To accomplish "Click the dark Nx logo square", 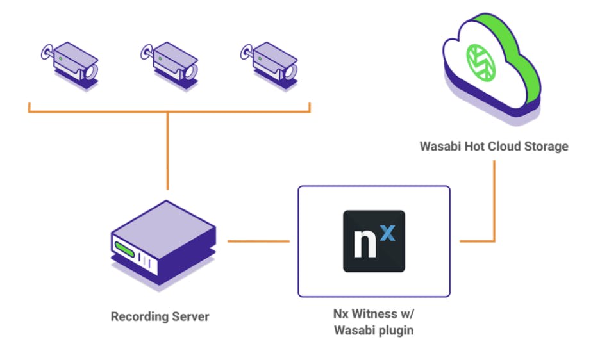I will point(374,241).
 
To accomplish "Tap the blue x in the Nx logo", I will point(387,232).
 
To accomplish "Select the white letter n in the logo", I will point(363,247).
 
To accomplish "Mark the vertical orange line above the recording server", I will point(167,151).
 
